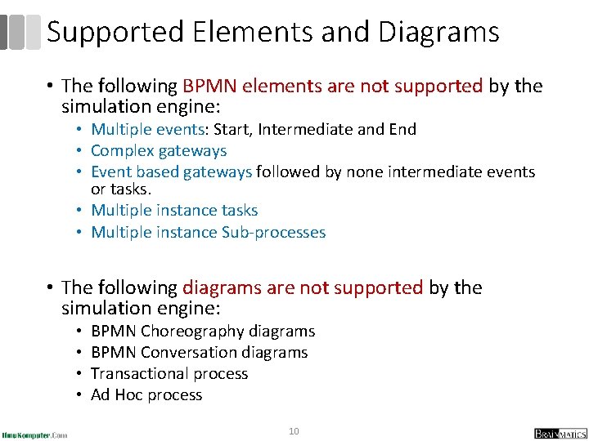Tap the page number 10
click(294, 430)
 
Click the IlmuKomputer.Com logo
click(34, 434)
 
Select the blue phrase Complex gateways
click(159, 150)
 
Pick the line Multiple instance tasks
click(174, 211)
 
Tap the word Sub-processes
click(273, 232)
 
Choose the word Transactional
click(135, 373)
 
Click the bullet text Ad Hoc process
click(146, 394)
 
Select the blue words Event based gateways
click(171, 171)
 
